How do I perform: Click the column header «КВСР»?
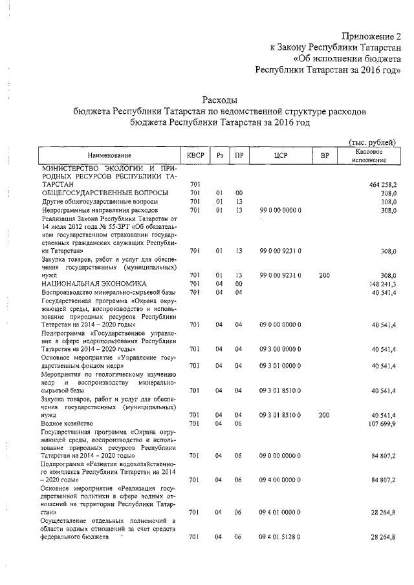(195, 155)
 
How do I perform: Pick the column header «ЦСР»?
(280, 155)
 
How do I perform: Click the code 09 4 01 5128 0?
(280, 537)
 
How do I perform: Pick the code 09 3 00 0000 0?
(280, 349)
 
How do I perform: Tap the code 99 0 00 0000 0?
(280, 210)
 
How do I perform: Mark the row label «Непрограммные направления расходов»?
(99, 210)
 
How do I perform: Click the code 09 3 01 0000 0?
(280, 366)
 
